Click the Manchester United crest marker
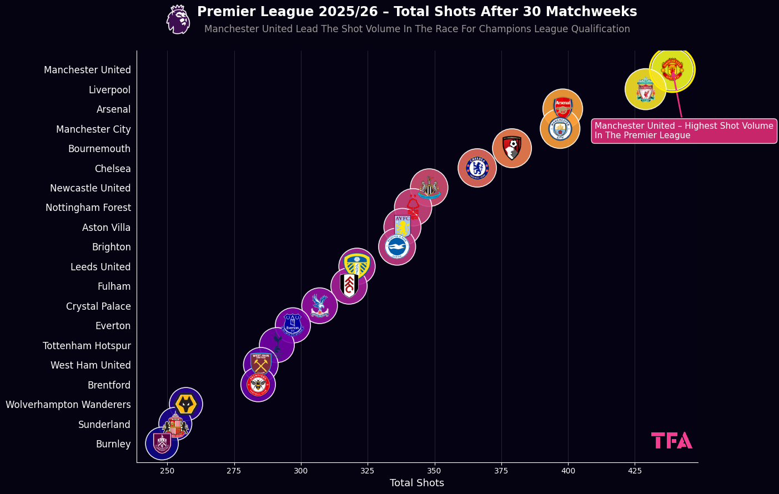672,70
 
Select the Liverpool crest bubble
645,89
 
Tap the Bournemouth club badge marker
511,148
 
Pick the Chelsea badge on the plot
477,168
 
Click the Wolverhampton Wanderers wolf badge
185,404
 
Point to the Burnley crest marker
162,443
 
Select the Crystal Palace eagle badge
319,305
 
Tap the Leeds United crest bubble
357,266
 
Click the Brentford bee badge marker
258,384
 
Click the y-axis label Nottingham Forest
88,208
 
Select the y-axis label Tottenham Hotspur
87,346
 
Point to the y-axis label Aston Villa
106,228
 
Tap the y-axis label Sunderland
104,425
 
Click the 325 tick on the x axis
368,471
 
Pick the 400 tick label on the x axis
568,471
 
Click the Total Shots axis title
417,483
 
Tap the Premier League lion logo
178,19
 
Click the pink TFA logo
671,441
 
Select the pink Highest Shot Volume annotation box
683,131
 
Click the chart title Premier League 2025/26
417,12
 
